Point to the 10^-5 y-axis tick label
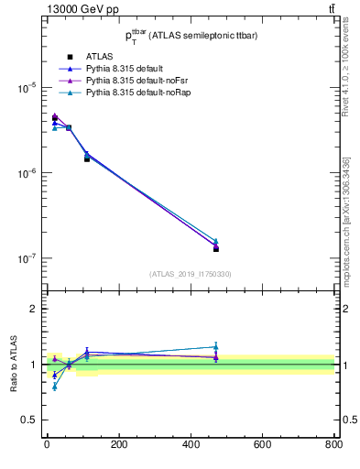pyautogui.click(x=25, y=88)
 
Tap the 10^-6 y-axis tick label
pyautogui.click(x=25, y=173)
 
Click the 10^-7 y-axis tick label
pyautogui.click(x=25, y=258)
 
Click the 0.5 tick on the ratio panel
pyautogui.click(x=28, y=420)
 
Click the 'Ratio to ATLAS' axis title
pyautogui.click(x=12, y=364)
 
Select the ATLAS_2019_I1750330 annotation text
pyautogui.click(x=190, y=274)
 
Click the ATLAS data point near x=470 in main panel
pyautogui.click(x=216, y=248)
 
